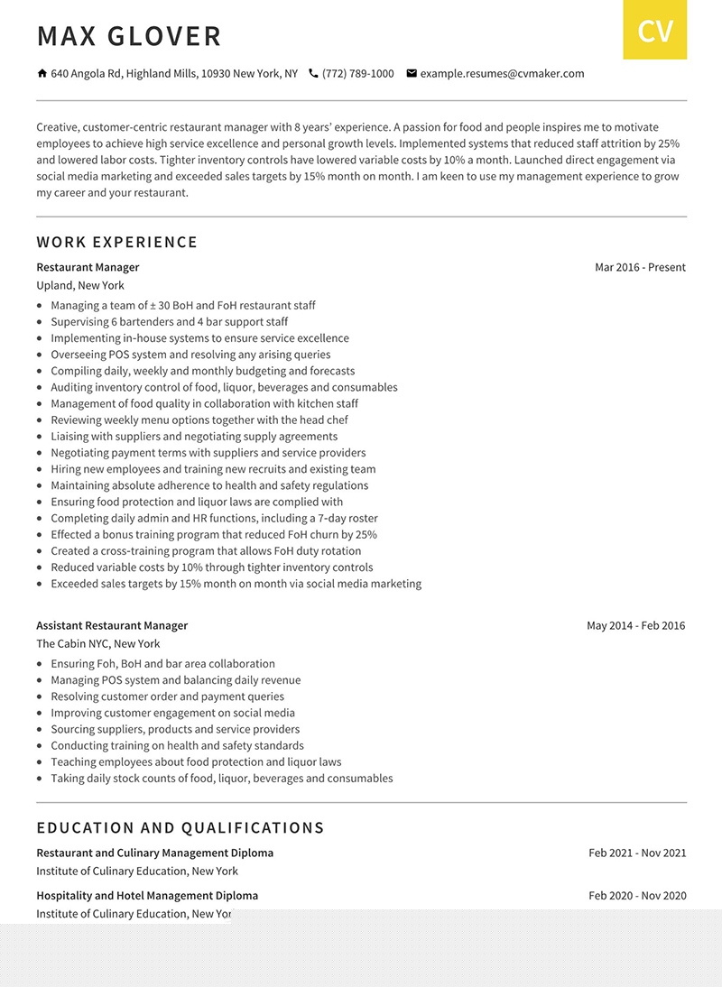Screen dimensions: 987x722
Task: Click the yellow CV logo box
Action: (654, 31)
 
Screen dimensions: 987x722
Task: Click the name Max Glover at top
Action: (129, 36)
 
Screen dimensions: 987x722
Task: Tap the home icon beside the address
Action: (42, 73)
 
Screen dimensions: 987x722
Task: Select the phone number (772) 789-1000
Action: (357, 74)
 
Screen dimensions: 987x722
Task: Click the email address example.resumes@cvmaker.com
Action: (502, 74)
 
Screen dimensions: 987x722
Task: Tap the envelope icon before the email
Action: (412, 73)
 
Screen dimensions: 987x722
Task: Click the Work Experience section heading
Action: (117, 242)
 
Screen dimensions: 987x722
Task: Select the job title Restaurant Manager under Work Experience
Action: (88, 267)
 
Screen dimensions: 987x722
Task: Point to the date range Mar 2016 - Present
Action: (640, 267)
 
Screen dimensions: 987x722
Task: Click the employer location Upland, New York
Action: (80, 285)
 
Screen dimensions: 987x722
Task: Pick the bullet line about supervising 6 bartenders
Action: (169, 322)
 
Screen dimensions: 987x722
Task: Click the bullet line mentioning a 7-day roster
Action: (214, 519)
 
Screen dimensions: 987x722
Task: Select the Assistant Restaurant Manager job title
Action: (112, 625)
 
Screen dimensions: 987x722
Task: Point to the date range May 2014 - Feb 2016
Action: (635, 625)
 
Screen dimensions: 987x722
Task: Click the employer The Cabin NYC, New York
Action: (97, 643)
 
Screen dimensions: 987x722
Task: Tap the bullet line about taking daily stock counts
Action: (221, 779)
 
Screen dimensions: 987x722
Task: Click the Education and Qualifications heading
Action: (180, 827)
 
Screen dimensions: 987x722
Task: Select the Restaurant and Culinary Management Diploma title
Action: (154, 853)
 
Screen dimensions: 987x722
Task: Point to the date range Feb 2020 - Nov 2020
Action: (637, 896)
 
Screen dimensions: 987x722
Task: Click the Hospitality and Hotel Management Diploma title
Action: (147, 896)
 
